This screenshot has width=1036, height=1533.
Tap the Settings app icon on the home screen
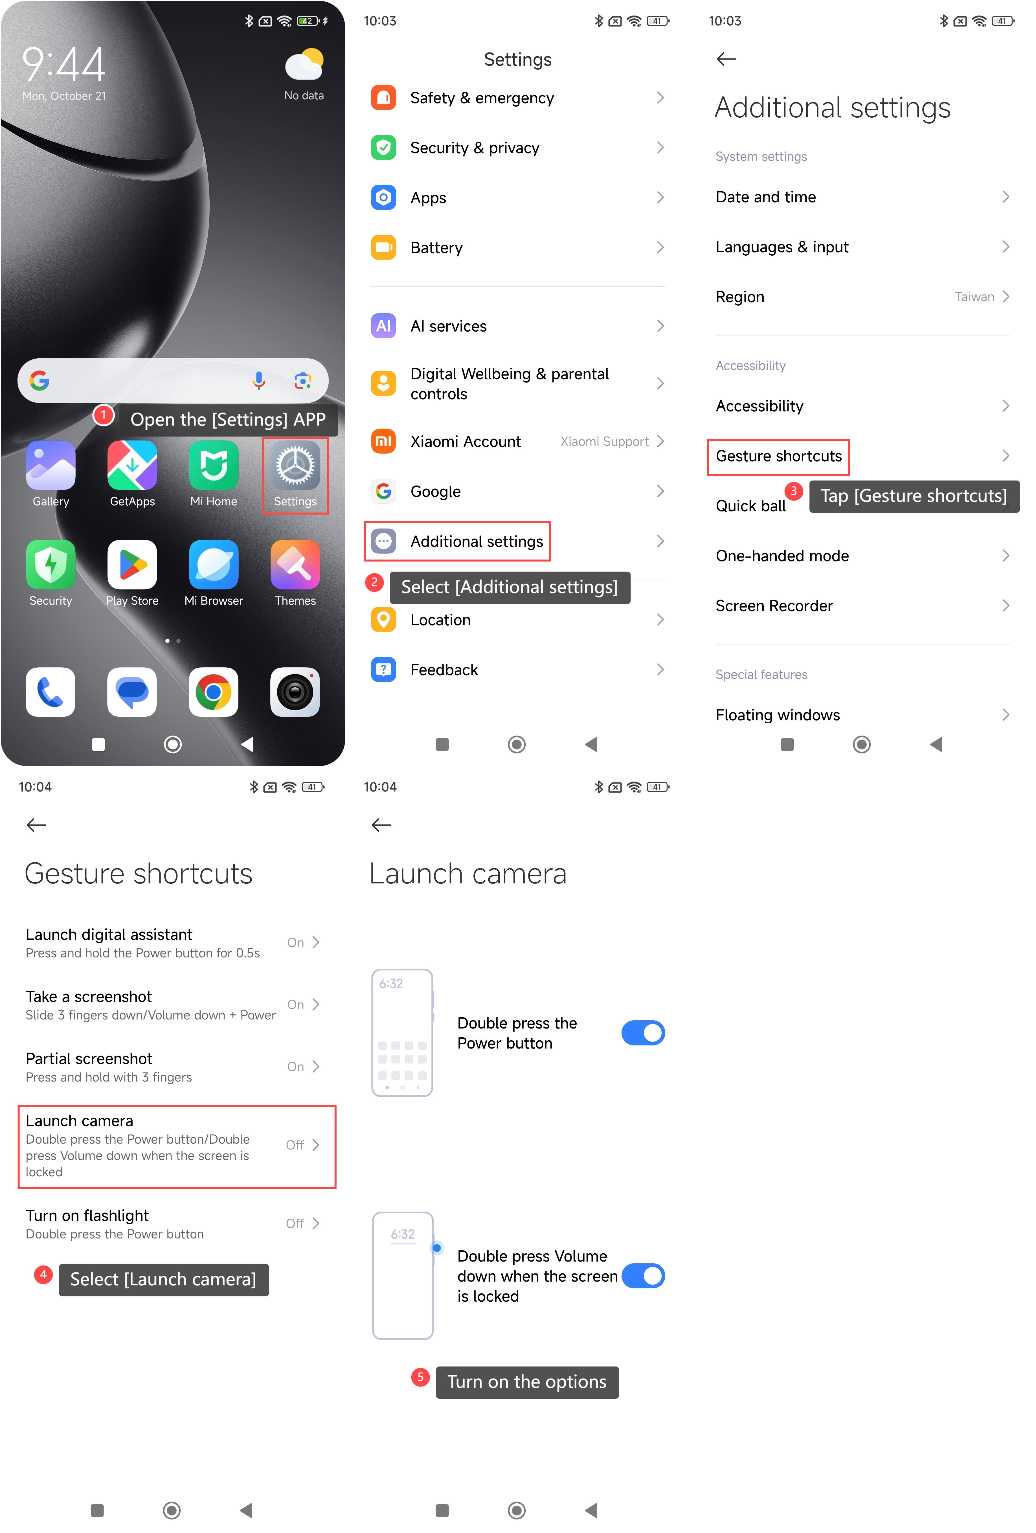pyautogui.click(x=295, y=466)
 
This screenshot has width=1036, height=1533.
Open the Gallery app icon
pyautogui.click(x=51, y=466)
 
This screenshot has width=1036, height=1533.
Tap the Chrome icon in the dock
pyautogui.click(x=213, y=692)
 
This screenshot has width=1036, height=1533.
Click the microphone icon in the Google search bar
pyautogui.click(x=259, y=381)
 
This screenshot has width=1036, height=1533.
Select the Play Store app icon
pyautogui.click(x=132, y=565)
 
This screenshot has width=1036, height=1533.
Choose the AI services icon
pyautogui.click(x=383, y=326)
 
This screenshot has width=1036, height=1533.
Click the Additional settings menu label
pyautogui.click(x=477, y=541)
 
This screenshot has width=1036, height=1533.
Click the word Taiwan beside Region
pyautogui.click(x=974, y=297)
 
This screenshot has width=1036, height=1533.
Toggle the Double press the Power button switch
pyautogui.click(x=643, y=1033)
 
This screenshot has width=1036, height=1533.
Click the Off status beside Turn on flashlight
pyautogui.click(x=295, y=1224)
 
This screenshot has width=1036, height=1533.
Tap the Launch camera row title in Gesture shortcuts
pyautogui.click(x=79, y=1121)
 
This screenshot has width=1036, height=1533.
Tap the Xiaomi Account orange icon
pyautogui.click(x=383, y=441)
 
